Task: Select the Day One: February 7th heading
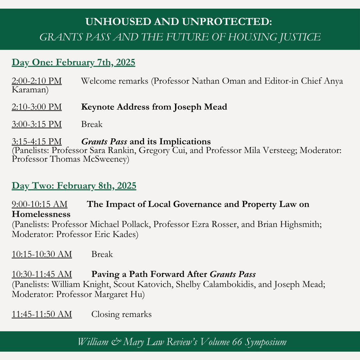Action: (x=73, y=63)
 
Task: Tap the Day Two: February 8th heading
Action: (x=74, y=186)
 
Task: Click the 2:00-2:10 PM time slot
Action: (x=37, y=81)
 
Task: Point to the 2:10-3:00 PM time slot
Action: (x=37, y=107)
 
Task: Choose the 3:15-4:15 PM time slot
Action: (x=37, y=141)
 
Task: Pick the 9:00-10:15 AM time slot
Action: (x=39, y=204)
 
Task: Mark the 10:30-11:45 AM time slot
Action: (x=42, y=274)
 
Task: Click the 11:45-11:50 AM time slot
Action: (x=42, y=314)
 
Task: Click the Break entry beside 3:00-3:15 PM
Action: (x=92, y=124)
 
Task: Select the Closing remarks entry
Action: (x=121, y=314)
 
